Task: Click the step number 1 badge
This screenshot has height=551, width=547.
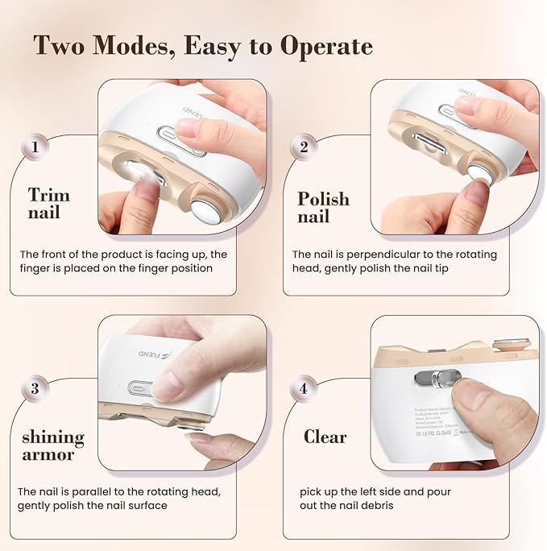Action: coord(35,147)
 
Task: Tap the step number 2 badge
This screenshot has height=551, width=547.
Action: coord(304,147)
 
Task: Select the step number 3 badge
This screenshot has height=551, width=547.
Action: coord(35,388)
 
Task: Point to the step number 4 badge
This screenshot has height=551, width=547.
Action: coord(304,388)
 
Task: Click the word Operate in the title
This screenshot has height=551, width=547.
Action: coord(325,47)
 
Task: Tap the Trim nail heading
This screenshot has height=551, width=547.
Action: coord(48,205)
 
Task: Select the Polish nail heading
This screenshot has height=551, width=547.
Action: coord(323,208)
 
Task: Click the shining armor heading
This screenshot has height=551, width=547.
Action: coord(52,445)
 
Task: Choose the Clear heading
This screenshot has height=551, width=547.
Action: coord(325,437)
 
